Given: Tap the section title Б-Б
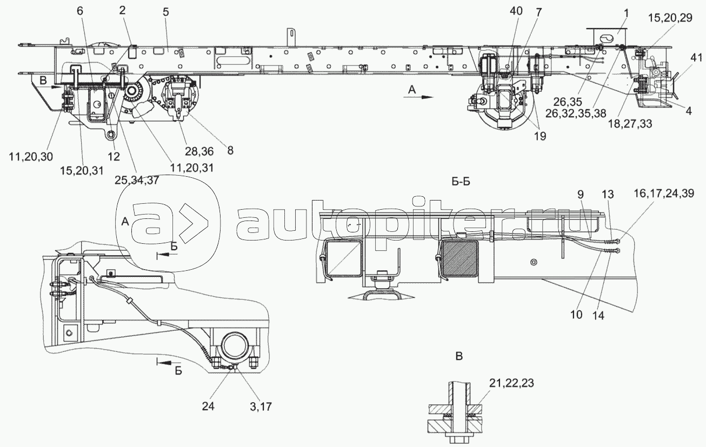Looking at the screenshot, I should [x=460, y=182].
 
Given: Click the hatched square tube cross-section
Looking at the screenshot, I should [x=460, y=258].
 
